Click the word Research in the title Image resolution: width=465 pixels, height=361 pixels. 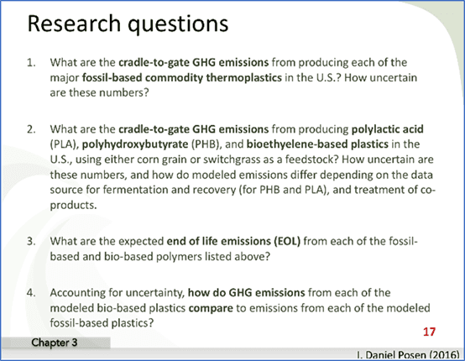coord(74,24)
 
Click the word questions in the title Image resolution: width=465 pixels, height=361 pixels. coord(178,25)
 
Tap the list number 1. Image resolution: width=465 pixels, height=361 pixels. coord(31,63)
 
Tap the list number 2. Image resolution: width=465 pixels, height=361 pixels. coord(31,129)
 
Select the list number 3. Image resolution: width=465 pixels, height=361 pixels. coord(31,241)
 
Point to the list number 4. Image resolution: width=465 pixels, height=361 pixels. coord(31,293)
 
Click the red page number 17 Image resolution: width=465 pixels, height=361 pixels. coord(429,332)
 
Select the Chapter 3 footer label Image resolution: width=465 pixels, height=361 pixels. coord(55,343)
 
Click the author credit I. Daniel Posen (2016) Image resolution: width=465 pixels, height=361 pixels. coord(409,355)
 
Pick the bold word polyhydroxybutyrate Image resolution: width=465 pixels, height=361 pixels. coord(135,144)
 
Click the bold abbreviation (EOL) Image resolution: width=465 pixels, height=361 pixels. coord(285,241)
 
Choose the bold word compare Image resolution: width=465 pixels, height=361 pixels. coord(211,308)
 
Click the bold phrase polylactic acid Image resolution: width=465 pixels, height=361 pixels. coord(387,129)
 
